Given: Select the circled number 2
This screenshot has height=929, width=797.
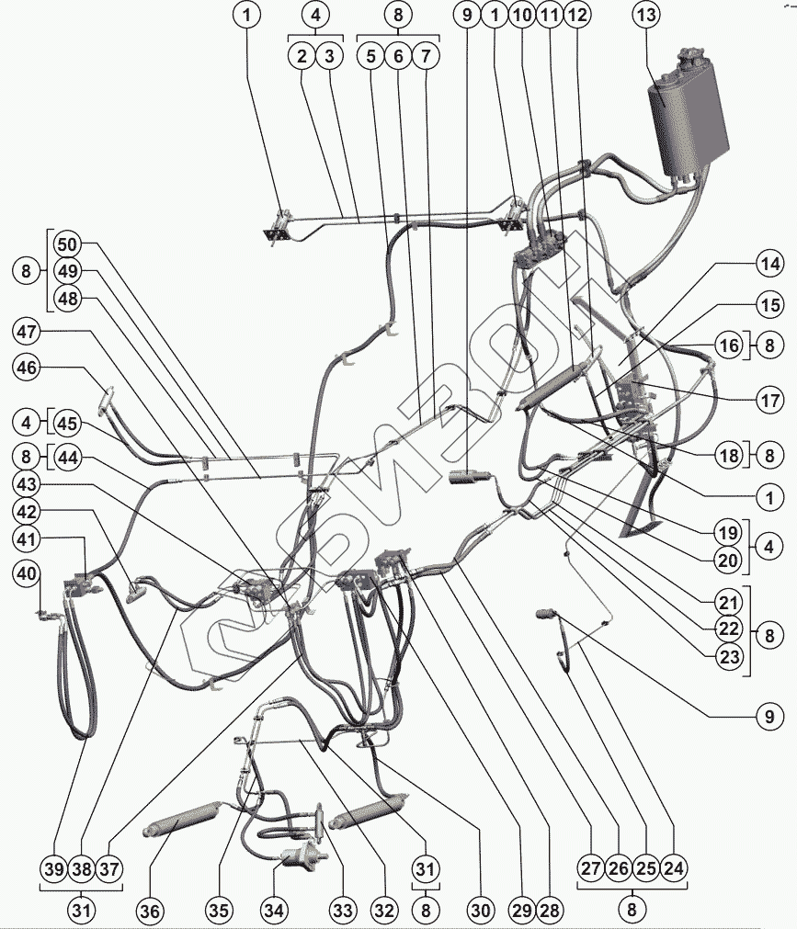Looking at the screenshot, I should coord(301,56).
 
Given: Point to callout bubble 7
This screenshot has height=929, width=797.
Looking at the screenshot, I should coord(426,56).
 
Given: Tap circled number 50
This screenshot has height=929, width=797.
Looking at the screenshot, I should coord(67,245).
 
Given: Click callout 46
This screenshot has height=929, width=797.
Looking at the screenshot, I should coord(28,368).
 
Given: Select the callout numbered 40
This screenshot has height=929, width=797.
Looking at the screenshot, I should coord(28,573).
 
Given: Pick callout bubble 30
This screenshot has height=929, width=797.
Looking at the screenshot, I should coord(478,911).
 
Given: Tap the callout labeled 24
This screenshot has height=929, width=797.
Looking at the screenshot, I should coord(674,867).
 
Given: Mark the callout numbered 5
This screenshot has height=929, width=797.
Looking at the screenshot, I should coord(370,56).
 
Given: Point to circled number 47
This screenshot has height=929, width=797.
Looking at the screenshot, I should coord(28,330).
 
